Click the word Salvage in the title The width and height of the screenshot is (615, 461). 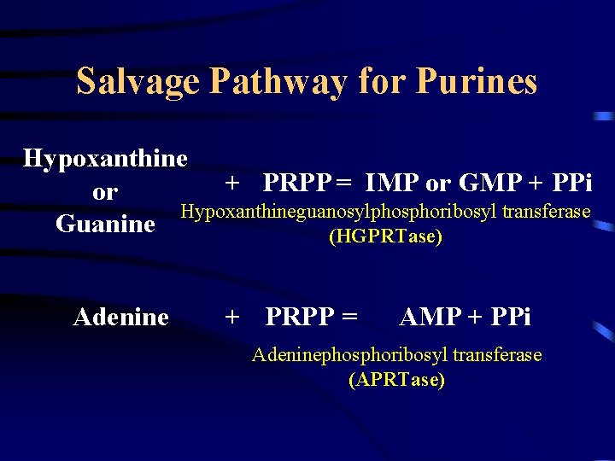tap(138, 82)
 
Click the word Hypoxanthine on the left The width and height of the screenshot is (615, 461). tap(105, 159)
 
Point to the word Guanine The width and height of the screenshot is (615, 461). tap(105, 225)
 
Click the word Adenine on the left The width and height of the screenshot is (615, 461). tap(120, 318)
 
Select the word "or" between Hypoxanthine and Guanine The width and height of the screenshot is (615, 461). tap(104, 193)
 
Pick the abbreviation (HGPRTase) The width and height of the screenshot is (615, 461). tap(385, 236)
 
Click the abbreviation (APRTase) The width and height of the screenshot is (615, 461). tap(396, 380)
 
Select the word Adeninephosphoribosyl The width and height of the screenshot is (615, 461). tap(349, 354)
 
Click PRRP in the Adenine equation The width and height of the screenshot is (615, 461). tap(301, 318)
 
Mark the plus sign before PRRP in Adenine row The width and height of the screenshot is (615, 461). tap(231, 318)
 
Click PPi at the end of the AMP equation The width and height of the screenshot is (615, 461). tap(510, 318)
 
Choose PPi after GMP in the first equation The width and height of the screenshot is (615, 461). tap(571, 183)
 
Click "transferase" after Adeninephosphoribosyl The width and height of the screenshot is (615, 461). tap(497, 354)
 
